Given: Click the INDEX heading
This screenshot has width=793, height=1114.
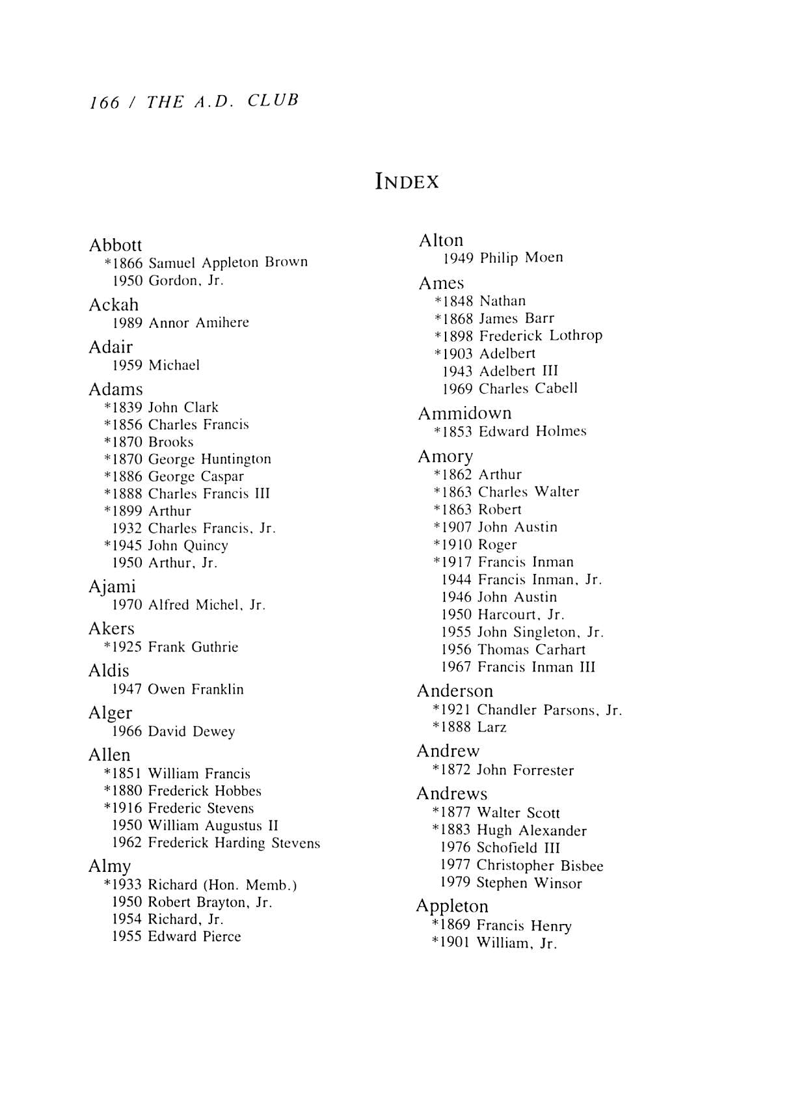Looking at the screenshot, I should (407, 182).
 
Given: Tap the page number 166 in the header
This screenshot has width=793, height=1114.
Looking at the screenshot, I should (105, 103).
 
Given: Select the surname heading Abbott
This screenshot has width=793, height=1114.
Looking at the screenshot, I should (115, 245).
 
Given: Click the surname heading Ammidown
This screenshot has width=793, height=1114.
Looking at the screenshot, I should (464, 413).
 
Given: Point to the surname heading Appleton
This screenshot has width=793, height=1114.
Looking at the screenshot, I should (451, 906).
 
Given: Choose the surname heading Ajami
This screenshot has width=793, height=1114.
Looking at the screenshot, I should (112, 586).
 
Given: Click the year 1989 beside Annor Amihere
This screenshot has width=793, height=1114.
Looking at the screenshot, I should (127, 323).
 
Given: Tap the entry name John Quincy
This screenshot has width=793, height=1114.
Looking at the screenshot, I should (188, 546).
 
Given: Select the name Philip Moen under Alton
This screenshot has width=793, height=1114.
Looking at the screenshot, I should (521, 258).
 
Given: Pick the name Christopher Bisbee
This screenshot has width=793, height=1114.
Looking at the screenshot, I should (539, 865).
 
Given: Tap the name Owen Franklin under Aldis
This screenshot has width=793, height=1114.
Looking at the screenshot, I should (195, 690).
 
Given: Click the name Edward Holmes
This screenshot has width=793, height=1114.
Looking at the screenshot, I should (532, 432).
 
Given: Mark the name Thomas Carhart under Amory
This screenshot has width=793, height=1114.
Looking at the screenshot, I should (531, 649).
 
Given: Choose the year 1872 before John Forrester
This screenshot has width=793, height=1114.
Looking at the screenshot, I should (455, 770).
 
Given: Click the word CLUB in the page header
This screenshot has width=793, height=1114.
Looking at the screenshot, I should (273, 101).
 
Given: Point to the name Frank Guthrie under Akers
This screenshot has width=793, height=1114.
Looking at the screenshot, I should (193, 647).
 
